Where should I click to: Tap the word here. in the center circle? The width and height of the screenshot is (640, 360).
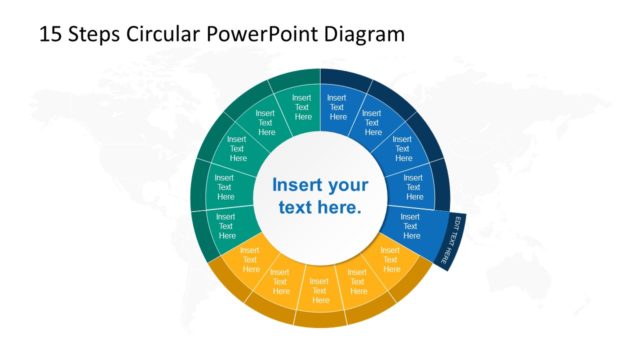[x=336, y=208]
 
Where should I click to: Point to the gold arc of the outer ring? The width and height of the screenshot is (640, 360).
[x=320, y=318]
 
